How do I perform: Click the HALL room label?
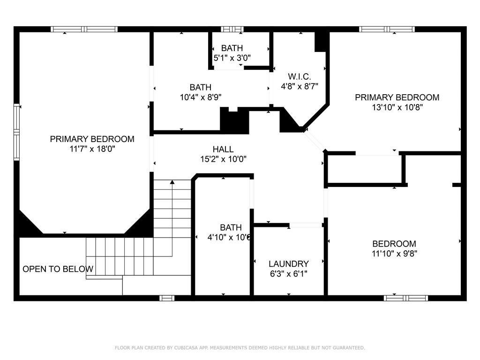coord(223,150)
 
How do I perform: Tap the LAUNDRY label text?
coord(289,264)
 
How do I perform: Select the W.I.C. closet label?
coord(300,76)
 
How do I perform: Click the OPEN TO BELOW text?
coord(58,269)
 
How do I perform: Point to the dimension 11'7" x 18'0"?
coord(92,149)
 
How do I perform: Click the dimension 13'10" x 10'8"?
coord(397,107)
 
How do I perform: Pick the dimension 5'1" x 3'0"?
coord(232,58)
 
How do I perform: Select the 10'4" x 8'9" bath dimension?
coord(201,97)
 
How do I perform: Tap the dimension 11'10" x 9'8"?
coord(394,254)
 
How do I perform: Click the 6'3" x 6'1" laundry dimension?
coord(289,274)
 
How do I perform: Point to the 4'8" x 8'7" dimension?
coord(300,86)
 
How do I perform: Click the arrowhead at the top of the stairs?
coord(172,182)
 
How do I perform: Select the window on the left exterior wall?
coord(16,132)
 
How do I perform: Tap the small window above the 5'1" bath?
coord(232,30)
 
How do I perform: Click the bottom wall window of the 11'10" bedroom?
coord(406,298)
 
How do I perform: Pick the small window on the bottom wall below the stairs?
coord(167,298)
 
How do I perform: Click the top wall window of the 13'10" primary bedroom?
coord(387,30)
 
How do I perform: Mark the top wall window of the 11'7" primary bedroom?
coord(84,30)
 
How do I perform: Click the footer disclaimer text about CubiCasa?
coord(240,348)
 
